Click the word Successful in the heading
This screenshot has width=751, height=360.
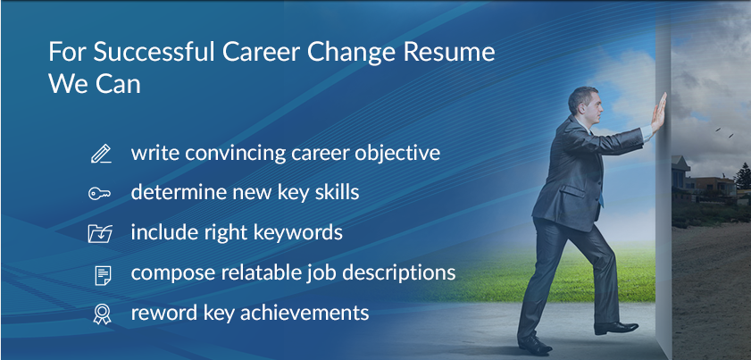[x=154, y=52]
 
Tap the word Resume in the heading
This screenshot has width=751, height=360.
[x=449, y=52]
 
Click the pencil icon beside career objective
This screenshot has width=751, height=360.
[x=101, y=154]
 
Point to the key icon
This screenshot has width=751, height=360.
[x=100, y=193]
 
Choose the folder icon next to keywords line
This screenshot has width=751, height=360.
[x=100, y=233]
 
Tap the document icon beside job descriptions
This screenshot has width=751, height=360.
[x=103, y=274]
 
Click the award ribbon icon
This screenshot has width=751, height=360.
[x=102, y=314]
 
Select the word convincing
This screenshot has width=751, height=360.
[x=235, y=154]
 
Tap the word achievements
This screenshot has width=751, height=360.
[x=305, y=313]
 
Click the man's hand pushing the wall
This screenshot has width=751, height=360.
[x=659, y=113]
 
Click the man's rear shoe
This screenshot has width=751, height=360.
[x=535, y=344]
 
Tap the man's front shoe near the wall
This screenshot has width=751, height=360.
[x=616, y=328]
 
